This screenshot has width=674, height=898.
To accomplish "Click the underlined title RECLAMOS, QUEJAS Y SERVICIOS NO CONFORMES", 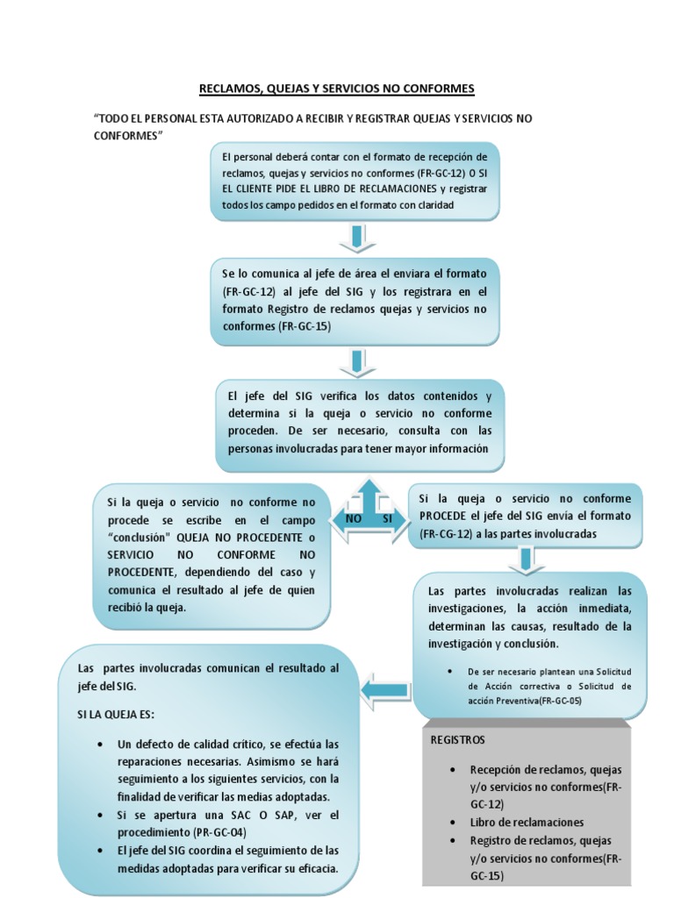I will click(x=336, y=89).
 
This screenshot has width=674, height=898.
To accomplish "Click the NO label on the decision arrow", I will click(x=355, y=519).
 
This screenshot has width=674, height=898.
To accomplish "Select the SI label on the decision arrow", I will click(x=387, y=519).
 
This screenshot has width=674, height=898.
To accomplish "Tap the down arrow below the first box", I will click(x=355, y=238).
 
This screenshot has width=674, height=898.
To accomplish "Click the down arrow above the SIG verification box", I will click(x=355, y=360).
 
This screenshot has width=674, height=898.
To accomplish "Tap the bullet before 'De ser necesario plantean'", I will click(x=449, y=672).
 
